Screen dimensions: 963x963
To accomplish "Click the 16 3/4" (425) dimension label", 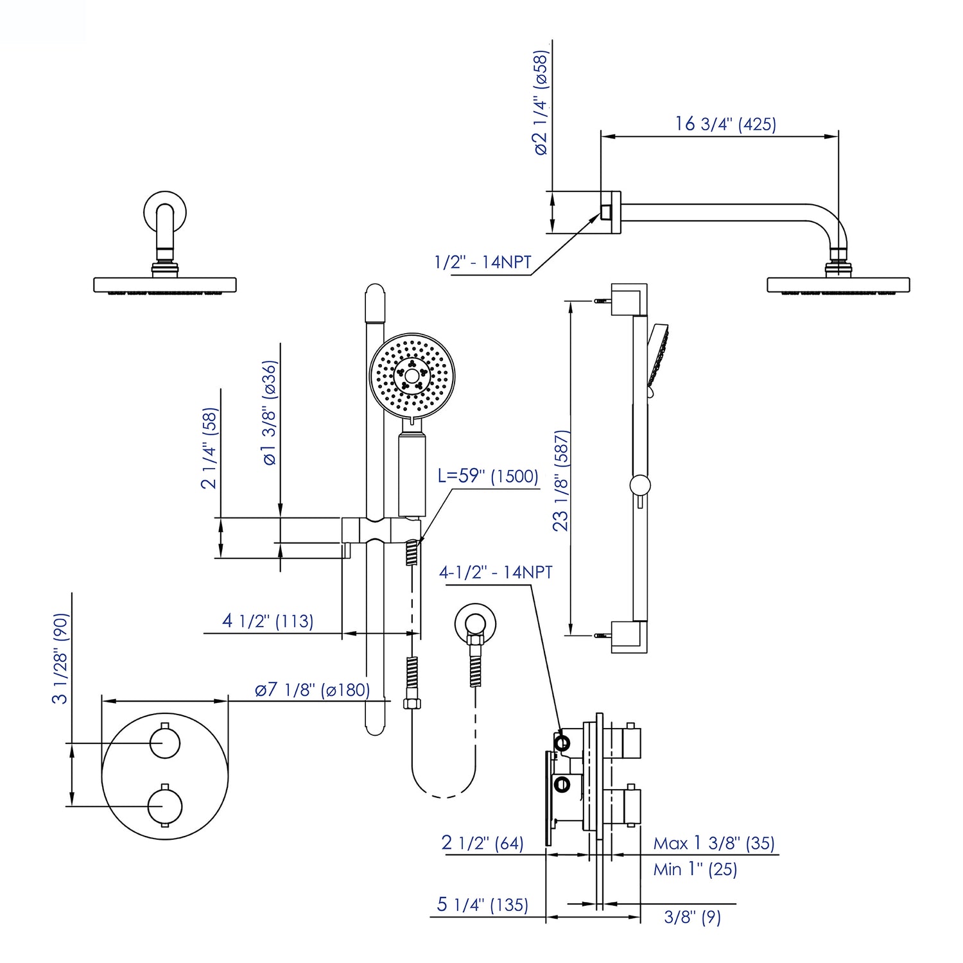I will pos(725,124).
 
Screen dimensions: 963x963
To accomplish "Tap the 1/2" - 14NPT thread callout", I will pos(483,262).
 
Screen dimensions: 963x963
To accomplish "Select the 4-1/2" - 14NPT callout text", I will pos(496,572).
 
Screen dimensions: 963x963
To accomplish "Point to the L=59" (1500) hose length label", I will pos(488,476).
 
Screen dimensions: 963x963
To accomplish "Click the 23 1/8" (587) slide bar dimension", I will pos(561,480).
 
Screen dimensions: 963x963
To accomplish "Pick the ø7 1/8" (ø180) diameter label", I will pos(312,690).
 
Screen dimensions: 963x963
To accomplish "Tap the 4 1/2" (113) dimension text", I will pos(268,621).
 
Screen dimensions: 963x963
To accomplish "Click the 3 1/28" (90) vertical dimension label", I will pos(60,658).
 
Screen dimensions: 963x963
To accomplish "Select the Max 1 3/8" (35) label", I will pos(714,843).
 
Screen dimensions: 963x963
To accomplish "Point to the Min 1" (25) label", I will pos(695,869).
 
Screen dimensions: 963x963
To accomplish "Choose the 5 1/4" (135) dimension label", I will pos(482,905).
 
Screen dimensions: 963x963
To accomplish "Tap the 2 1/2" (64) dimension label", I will pos(482,843).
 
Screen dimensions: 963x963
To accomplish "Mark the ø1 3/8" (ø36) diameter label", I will pos(270,412).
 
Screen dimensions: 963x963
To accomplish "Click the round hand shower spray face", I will pos(412,375).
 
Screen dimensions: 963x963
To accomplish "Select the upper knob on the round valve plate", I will pos(165,743).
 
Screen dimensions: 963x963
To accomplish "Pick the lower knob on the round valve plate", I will pos(165,806).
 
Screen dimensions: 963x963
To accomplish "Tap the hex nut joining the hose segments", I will pos(412,704).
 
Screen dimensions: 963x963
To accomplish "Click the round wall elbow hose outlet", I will pos(475,623).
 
